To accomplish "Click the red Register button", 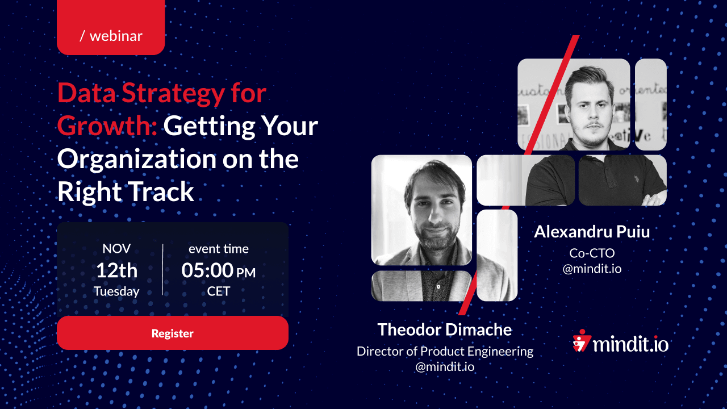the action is pyautogui.click(x=172, y=333).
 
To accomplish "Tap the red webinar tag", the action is pyautogui.click(x=111, y=27).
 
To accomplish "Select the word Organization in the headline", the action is pyautogui.click(x=137, y=160).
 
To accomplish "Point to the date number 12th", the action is pyautogui.click(x=116, y=270).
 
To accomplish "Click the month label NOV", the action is pyautogui.click(x=116, y=249).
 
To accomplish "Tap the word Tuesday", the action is pyautogui.click(x=116, y=291).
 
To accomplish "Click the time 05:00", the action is pyautogui.click(x=207, y=270).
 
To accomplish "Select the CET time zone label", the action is pyautogui.click(x=219, y=291).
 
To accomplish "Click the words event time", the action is pyautogui.click(x=219, y=249).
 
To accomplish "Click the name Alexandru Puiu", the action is pyautogui.click(x=592, y=232).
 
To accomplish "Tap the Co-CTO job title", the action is pyautogui.click(x=592, y=253).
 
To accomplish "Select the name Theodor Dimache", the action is pyautogui.click(x=445, y=330).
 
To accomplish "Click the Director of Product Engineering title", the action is pyautogui.click(x=445, y=352).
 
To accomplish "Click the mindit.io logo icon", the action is pyautogui.click(x=582, y=341).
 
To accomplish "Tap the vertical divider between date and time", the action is pyautogui.click(x=162, y=269).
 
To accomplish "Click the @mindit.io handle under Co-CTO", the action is pyautogui.click(x=592, y=269).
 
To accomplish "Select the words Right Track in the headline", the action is pyautogui.click(x=126, y=192).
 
